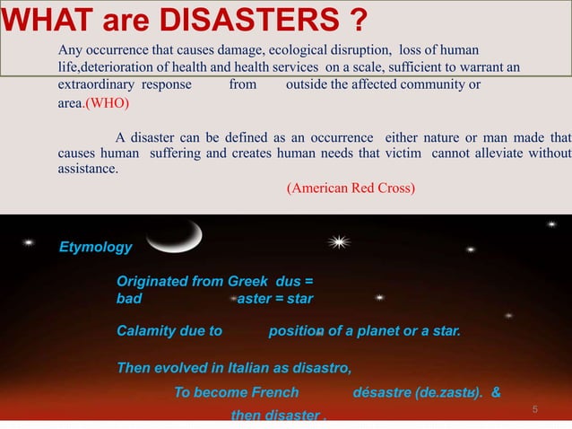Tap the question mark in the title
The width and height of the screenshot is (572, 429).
point(361,17)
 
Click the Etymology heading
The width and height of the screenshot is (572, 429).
point(95,247)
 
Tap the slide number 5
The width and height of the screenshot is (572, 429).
point(534,410)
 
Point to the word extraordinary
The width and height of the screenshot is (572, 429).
point(96,84)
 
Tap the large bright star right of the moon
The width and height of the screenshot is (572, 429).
point(339,241)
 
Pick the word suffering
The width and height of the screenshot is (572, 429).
point(176,153)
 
